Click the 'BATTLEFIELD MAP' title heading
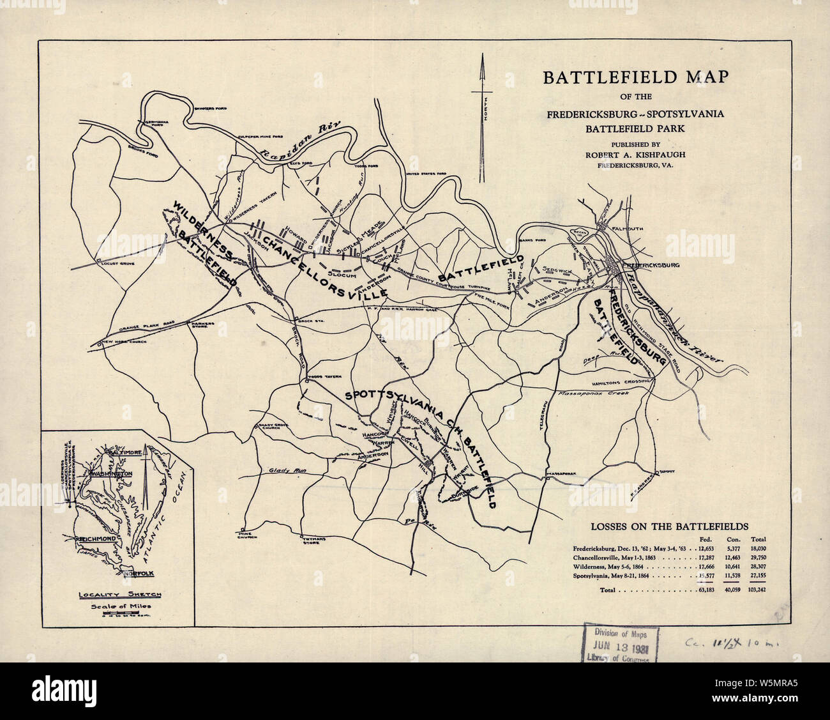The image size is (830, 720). tap(635, 77)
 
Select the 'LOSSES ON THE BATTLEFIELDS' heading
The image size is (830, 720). tap(668, 527)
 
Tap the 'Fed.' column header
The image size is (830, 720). tap(705, 539)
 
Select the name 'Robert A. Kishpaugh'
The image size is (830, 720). tap(635, 154)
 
